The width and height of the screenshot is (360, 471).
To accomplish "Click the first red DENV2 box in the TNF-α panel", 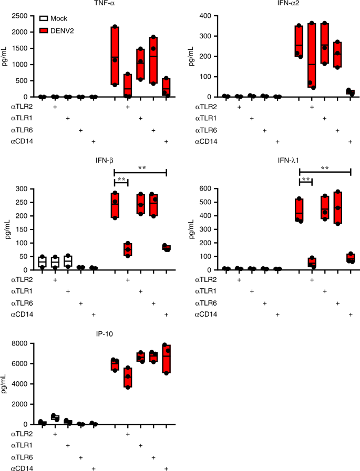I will pyautogui.click(x=115, y=55).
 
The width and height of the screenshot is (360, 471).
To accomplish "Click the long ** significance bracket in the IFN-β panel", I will pyautogui.click(x=140, y=172).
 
